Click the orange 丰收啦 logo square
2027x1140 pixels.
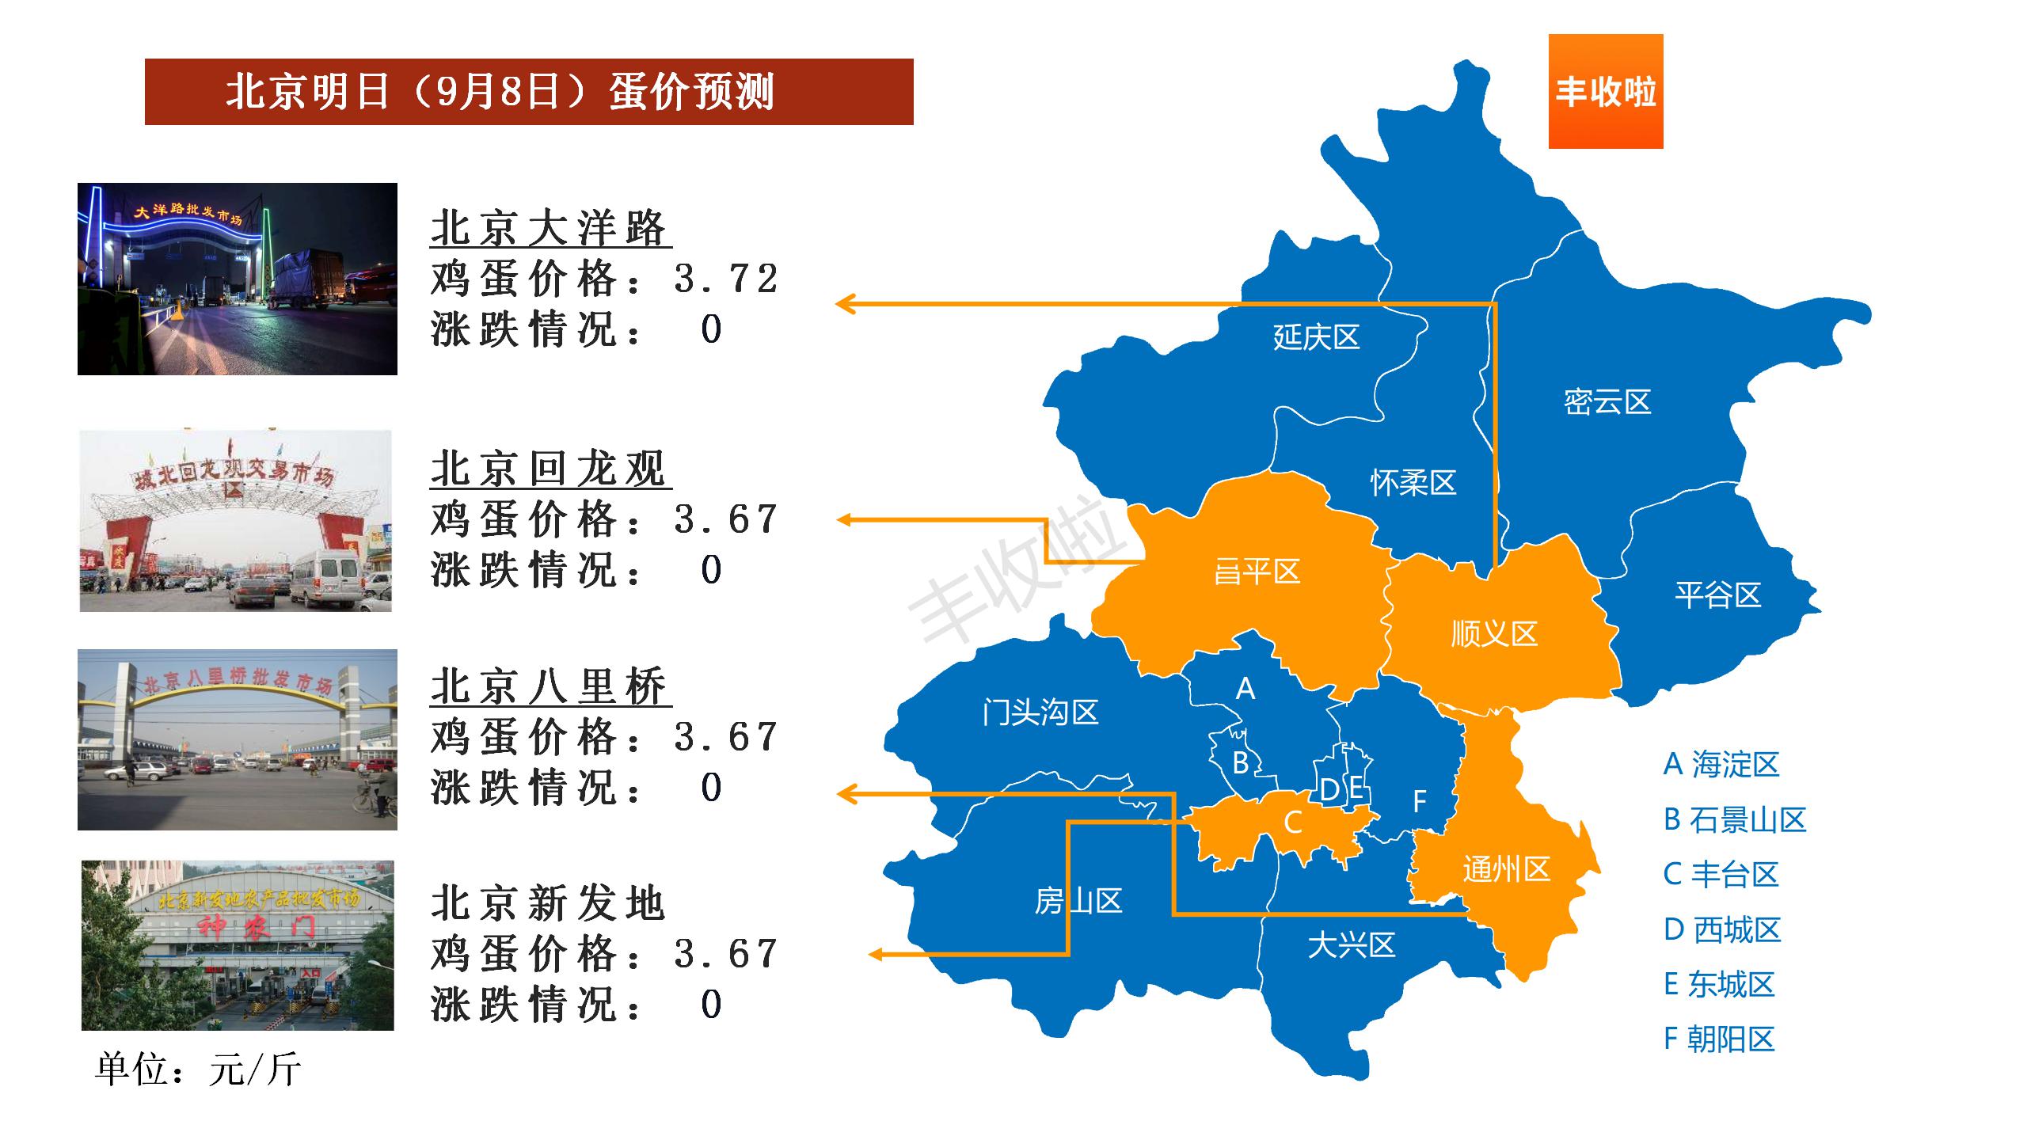[x=1605, y=91]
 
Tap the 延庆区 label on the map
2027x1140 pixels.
[x=1316, y=337]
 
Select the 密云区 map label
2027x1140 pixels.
[x=1607, y=402]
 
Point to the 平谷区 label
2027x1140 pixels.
[x=1717, y=595]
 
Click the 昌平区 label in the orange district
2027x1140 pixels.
[x=1257, y=572]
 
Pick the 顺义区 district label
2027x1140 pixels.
[x=1493, y=633]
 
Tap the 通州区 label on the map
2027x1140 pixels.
[x=1506, y=869]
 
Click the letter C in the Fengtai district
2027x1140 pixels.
[x=1292, y=823]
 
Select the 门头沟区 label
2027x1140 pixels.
[x=1040, y=712]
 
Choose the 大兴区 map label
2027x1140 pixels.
[x=1351, y=944]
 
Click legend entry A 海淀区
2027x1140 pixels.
[x=1721, y=765]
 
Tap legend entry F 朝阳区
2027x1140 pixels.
[x=1719, y=1039]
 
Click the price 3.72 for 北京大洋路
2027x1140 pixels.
[x=726, y=279]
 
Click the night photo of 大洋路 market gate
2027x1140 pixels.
[x=238, y=279]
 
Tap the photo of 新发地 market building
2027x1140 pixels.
[x=238, y=945]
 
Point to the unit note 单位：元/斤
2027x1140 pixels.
[x=198, y=1070]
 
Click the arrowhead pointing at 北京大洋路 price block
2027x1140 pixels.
[x=846, y=303]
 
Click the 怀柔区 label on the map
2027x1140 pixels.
[x=1413, y=482]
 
